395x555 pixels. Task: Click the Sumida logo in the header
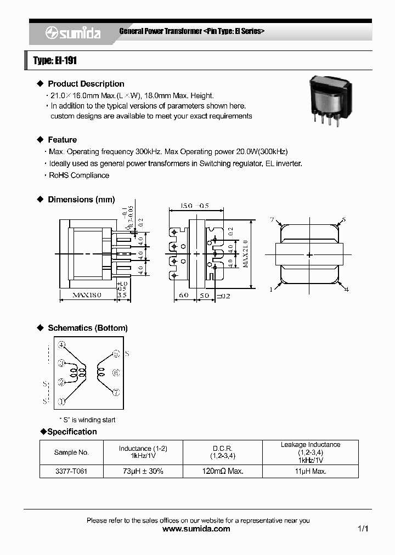(73, 33)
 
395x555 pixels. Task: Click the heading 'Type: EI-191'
(55, 60)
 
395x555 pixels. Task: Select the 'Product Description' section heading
(86, 84)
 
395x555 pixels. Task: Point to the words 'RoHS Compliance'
(79, 175)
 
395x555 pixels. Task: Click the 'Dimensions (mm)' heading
(81, 200)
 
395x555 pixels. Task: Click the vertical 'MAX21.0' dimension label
(245, 254)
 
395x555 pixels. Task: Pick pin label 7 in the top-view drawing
(271, 220)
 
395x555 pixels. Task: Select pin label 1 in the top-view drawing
(271, 289)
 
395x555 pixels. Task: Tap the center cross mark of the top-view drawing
(309, 255)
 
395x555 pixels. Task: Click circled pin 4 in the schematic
(63, 345)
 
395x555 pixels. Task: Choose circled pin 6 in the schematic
(116, 373)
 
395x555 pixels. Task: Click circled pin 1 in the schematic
(63, 401)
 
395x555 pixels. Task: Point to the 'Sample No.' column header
(71, 452)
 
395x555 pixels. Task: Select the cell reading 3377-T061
(71, 471)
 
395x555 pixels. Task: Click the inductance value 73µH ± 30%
(143, 471)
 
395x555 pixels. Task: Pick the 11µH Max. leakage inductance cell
(311, 471)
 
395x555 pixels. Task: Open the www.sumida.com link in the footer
(197, 529)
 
